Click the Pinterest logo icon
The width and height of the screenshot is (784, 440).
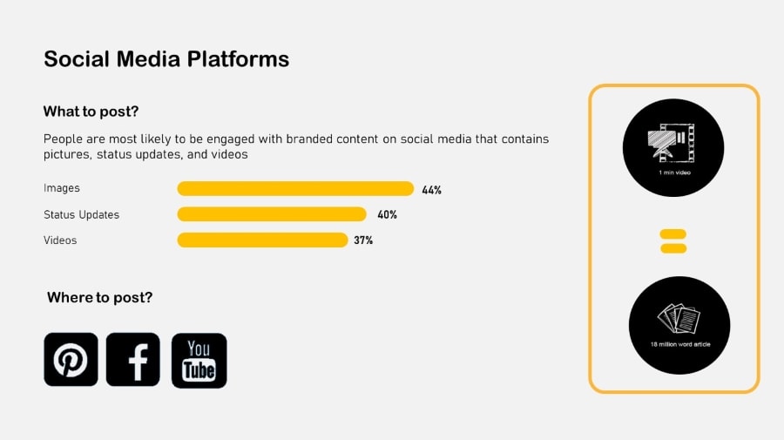click(71, 360)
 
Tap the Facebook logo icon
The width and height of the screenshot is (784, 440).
click(133, 360)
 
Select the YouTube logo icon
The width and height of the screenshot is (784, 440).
click(199, 361)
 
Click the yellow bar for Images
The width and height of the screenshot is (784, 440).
click(295, 188)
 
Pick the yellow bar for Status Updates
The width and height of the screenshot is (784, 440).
click(272, 214)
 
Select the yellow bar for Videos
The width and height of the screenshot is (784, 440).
click(262, 240)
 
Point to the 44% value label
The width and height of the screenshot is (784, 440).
click(431, 190)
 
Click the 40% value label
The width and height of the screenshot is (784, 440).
click(387, 214)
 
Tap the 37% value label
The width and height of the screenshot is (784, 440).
click(363, 240)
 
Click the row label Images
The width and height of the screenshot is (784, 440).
click(62, 188)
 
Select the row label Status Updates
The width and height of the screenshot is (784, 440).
click(82, 214)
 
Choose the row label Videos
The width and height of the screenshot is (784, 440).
click(60, 240)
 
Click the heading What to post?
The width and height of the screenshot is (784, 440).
click(91, 111)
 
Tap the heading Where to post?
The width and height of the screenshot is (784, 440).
click(99, 297)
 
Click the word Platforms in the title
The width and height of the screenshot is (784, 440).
click(238, 59)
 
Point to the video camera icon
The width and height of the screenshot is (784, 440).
click(671, 142)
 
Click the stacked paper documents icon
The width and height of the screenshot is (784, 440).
click(679, 318)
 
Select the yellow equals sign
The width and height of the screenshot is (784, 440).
click(673, 241)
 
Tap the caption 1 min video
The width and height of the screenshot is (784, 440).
click(674, 173)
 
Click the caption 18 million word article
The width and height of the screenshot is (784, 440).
click(680, 344)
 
